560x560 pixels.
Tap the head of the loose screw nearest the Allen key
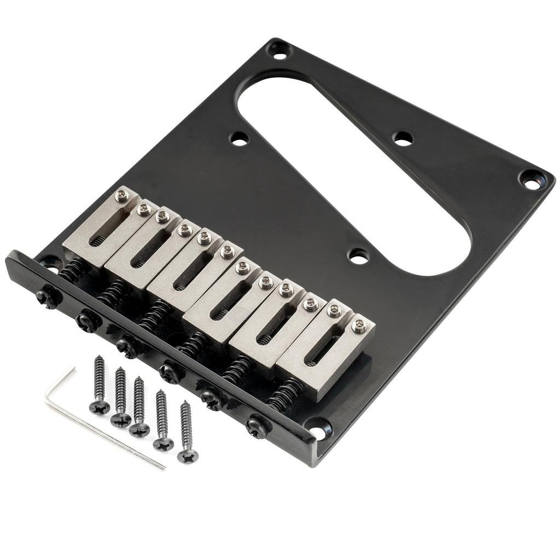100,407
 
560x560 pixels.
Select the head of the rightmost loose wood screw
188,455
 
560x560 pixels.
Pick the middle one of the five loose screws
139,429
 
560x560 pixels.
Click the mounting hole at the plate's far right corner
529,179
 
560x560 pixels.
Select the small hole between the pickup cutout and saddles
358,255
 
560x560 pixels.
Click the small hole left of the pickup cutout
239,138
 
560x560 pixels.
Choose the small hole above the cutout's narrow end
403,138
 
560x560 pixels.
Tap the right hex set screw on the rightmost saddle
359,326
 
